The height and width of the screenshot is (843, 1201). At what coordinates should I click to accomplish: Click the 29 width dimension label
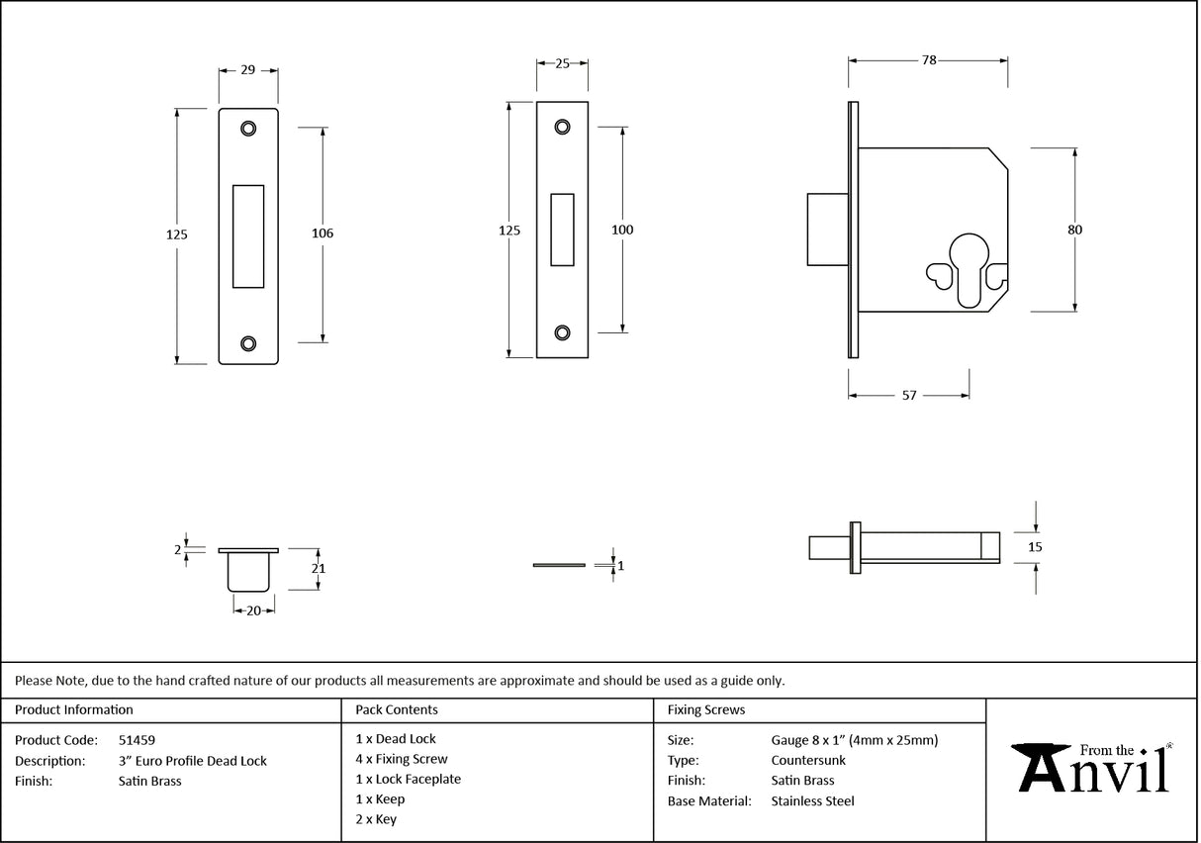click(x=247, y=70)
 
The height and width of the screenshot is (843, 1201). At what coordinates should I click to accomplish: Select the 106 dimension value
click(x=323, y=234)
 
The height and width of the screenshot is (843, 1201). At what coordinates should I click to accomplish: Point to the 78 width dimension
click(x=928, y=60)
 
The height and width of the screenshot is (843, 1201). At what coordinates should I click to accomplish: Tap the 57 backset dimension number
click(x=909, y=396)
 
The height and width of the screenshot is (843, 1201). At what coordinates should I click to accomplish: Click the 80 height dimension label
click(x=1074, y=230)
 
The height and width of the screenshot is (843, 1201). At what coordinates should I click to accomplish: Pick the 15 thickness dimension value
click(x=1036, y=546)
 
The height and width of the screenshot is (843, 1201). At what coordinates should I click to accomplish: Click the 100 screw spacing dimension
click(x=622, y=230)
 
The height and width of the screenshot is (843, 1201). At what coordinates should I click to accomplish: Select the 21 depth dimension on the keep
click(x=319, y=569)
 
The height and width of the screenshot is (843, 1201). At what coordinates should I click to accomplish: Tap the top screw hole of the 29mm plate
click(x=247, y=128)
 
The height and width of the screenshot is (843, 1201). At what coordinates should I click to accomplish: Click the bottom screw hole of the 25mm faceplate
click(x=562, y=332)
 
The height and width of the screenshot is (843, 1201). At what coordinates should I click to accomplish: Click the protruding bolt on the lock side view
click(x=827, y=230)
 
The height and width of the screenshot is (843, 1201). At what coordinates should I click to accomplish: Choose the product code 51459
click(x=137, y=739)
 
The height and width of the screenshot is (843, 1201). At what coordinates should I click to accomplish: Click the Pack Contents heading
click(x=396, y=709)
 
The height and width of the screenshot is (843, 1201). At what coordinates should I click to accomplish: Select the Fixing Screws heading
click(x=706, y=709)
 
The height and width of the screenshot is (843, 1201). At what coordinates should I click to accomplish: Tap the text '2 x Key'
click(x=376, y=819)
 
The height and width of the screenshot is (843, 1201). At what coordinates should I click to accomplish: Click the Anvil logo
click(x=1094, y=768)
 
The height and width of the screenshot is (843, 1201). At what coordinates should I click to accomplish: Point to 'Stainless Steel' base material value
click(x=812, y=801)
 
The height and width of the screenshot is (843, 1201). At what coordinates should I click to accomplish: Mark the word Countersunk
click(x=808, y=761)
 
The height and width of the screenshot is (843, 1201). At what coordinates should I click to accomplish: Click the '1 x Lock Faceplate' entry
click(x=408, y=779)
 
